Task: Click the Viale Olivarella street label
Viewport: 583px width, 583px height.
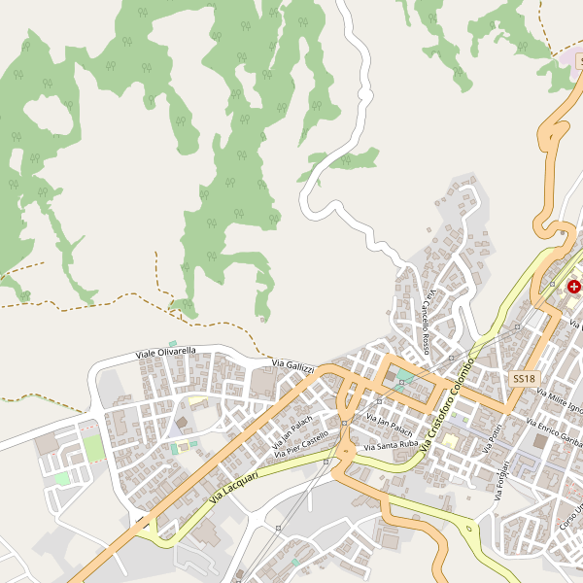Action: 166,351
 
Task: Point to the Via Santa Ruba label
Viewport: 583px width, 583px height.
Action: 390,446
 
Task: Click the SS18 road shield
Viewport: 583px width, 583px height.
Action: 524,377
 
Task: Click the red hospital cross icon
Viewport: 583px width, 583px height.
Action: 574,287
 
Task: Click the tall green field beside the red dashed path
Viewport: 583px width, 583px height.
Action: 92,448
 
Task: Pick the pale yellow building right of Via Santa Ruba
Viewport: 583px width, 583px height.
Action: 449,442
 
